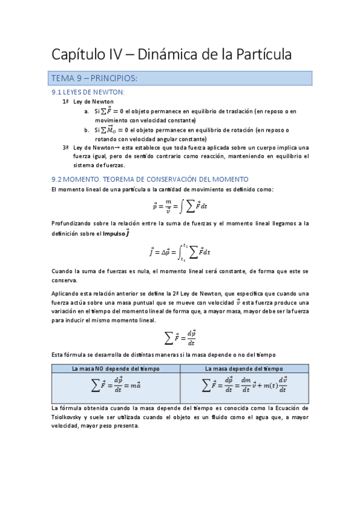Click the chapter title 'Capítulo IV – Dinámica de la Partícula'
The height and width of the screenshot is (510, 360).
click(x=171, y=55)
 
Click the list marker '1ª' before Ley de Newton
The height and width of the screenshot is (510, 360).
click(x=66, y=102)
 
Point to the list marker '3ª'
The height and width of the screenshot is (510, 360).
click(x=66, y=147)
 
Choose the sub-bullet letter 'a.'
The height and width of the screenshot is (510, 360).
click(x=87, y=111)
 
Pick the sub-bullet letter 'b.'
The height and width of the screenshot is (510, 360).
click(x=87, y=129)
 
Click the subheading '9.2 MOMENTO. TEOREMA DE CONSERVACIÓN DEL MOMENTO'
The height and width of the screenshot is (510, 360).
click(x=150, y=179)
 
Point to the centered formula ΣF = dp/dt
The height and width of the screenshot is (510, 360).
click(x=180, y=337)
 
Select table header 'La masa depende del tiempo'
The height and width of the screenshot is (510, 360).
click(x=244, y=369)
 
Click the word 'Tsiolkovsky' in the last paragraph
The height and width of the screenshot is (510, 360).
click(x=69, y=417)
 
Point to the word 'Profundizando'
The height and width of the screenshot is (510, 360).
click(x=73, y=224)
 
